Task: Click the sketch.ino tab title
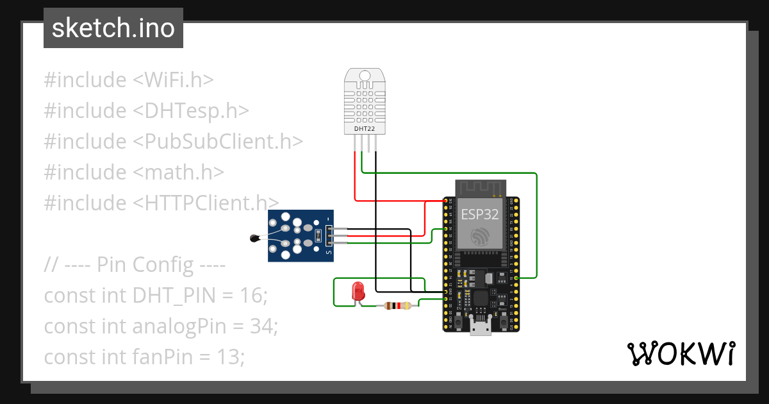pos(113,28)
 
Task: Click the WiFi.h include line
pos(128,80)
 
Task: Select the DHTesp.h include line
pos(146,111)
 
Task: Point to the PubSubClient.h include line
pos(173,142)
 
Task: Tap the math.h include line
pos(134,173)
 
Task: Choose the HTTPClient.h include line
pos(161,203)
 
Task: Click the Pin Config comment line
pos(135,265)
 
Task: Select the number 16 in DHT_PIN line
pos(251,296)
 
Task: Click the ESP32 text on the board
pos(479,215)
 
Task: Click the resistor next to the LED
pos(397,307)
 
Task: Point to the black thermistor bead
pos(254,239)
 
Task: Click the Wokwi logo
pos(680,353)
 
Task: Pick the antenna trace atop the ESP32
pos(481,188)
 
